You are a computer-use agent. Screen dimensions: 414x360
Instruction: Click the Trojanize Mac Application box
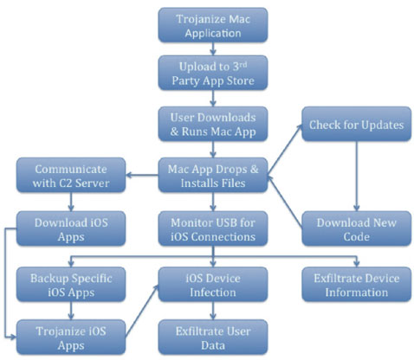point(213,25)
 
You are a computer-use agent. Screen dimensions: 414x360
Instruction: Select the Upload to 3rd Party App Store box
point(213,73)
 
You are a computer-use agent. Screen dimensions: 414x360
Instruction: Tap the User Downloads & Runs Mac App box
point(213,124)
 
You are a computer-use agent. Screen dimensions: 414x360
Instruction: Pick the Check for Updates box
point(357,124)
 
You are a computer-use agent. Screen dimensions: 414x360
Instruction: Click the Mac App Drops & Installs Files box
point(213,175)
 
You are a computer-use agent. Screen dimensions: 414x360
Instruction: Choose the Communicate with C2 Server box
point(71,175)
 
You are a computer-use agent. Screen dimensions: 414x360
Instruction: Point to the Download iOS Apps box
point(71,228)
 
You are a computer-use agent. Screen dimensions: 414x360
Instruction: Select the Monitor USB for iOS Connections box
point(213,228)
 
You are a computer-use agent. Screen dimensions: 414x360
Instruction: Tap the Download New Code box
point(357,228)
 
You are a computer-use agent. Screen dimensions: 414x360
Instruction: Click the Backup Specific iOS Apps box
point(71,285)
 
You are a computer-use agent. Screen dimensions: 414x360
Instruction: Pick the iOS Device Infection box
point(213,285)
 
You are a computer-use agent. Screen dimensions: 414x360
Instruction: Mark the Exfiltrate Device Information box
point(357,285)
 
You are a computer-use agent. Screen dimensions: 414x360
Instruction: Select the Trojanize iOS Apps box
point(71,337)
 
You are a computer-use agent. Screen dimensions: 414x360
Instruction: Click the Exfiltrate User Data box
point(213,337)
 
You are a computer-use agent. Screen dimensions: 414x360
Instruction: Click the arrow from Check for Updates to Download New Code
point(357,177)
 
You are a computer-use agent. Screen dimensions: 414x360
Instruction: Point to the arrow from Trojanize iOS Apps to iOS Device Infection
point(142,311)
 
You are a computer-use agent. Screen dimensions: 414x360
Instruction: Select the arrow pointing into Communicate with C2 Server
point(142,175)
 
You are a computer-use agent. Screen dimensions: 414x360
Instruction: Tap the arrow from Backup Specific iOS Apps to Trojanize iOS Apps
point(71,311)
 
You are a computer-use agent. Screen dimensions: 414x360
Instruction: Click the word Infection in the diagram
point(213,292)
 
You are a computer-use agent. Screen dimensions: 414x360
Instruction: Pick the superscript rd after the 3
point(243,64)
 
